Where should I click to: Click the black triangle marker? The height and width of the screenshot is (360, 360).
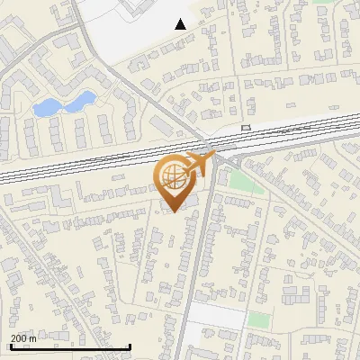click(181, 24)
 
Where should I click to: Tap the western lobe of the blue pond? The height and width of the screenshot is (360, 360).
click(44, 108)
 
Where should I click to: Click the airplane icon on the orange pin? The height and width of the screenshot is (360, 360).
click(198, 166)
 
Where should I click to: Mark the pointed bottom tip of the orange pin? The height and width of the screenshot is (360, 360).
click(172, 212)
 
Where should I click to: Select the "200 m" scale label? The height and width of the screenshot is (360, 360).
click(23, 338)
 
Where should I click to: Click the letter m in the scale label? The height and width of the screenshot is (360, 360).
click(32, 338)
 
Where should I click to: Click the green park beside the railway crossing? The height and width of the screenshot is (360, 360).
click(240, 179)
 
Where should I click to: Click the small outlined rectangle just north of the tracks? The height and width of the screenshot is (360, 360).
click(246, 128)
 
